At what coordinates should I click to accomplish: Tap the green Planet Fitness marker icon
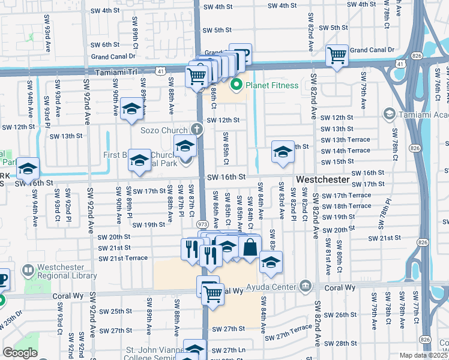(237, 85)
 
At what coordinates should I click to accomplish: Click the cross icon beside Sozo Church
(196, 128)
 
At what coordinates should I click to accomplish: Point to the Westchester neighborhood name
(322, 179)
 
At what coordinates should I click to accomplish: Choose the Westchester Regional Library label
(67, 272)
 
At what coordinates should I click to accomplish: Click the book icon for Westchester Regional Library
(27, 272)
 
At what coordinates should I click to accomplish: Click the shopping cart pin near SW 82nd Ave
(337, 56)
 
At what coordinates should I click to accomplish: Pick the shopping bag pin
(250, 247)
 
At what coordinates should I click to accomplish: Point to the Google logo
(20, 352)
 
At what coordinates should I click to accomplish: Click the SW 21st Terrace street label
(123, 257)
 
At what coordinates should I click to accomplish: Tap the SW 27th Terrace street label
(292, 327)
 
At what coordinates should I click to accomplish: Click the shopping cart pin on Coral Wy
(212, 293)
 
